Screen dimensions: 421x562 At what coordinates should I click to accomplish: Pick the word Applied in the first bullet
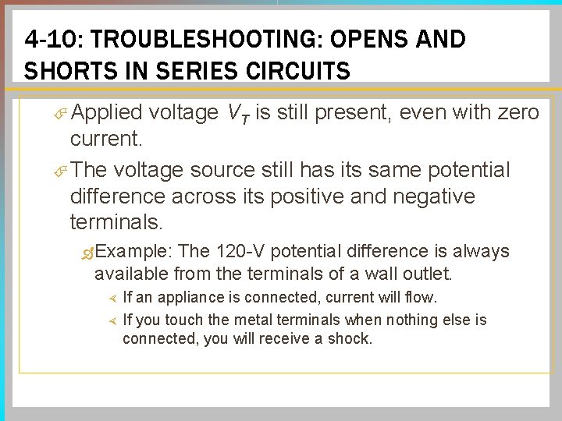105,114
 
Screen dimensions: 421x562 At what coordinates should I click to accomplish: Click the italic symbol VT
237,115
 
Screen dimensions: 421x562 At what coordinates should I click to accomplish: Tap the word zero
515,114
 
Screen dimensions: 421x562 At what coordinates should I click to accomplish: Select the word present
350,114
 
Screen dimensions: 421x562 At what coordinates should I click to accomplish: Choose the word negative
430,196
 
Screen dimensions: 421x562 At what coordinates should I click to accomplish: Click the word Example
136,252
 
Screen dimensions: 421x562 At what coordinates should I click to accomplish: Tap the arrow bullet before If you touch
111,320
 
